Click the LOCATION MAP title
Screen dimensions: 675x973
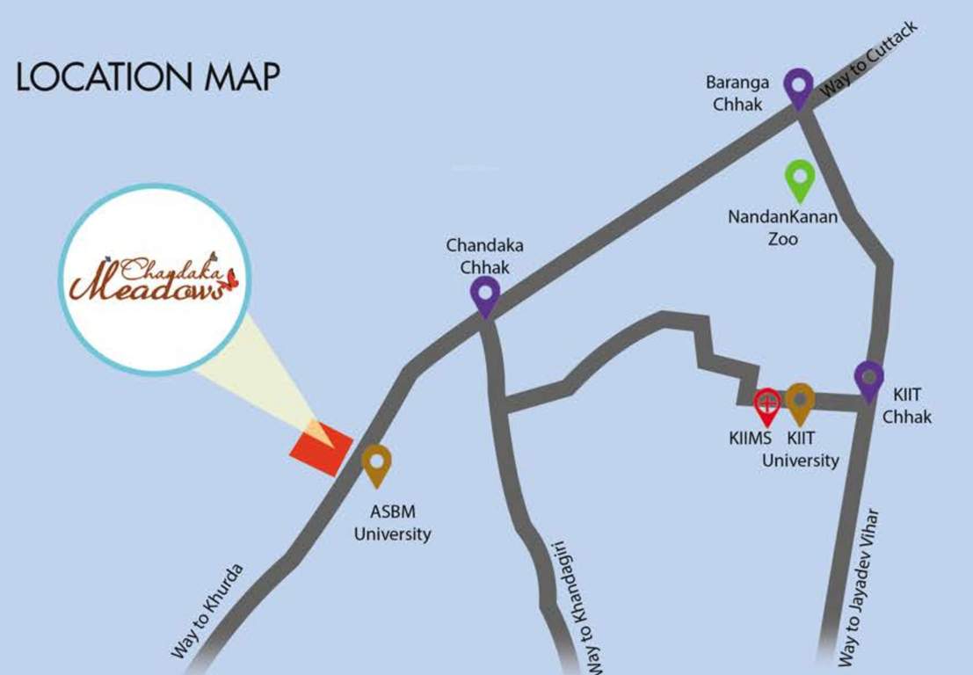click(148, 77)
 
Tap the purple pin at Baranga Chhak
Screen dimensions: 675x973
click(798, 86)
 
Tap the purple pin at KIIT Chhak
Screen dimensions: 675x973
click(868, 379)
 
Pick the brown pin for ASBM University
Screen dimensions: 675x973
click(376, 462)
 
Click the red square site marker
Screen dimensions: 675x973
click(321, 448)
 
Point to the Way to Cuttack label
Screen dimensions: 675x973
click(868, 60)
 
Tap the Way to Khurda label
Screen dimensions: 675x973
click(207, 612)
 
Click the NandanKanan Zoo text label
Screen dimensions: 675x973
click(782, 227)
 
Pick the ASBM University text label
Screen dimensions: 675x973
click(392, 524)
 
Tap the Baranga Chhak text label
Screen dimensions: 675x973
click(737, 93)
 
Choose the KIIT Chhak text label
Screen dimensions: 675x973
click(906, 407)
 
